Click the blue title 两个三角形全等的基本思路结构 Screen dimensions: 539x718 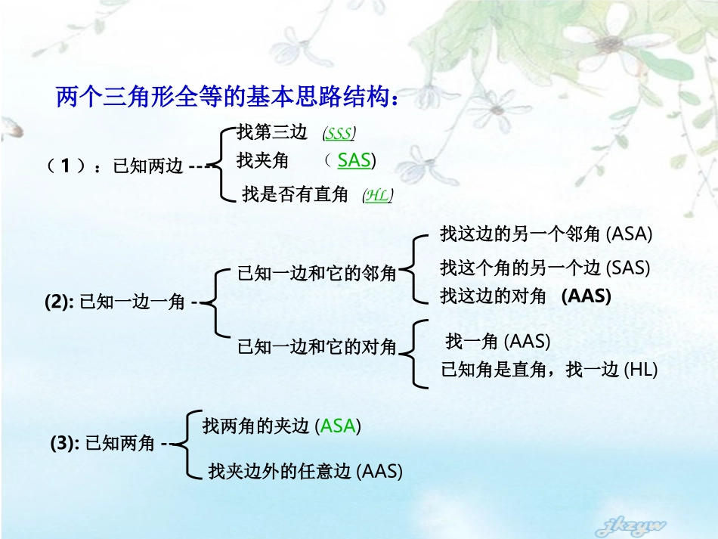tap(227, 98)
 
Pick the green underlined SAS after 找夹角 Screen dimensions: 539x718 tap(354, 160)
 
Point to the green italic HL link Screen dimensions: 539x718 tap(377, 195)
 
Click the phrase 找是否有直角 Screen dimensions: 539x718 tap(295, 195)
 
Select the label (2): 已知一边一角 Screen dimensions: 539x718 tap(115, 302)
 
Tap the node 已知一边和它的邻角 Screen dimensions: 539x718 tap(317, 273)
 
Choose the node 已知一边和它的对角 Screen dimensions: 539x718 tap(317, 347)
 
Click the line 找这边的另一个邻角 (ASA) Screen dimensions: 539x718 tap(546, 234)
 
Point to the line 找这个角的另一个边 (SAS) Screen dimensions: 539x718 tap(545, 267)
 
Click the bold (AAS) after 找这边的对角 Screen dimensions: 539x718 tap(586, 296)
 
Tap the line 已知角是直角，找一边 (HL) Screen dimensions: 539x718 tap(549, 370)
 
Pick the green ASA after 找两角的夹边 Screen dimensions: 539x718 tap(338, 426)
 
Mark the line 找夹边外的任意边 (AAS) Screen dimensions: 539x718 tap(305, 472)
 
